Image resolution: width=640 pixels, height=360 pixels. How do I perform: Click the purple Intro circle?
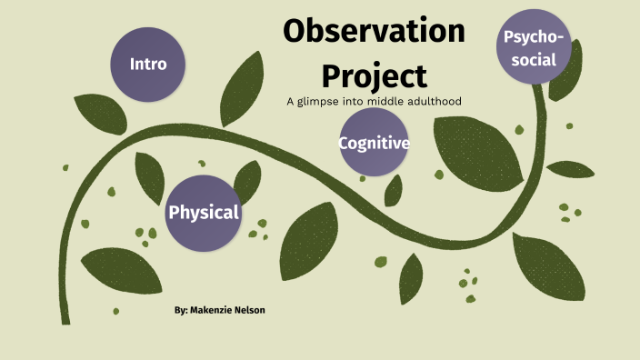[147, 64]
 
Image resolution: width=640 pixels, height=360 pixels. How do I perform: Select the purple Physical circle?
[204, 213]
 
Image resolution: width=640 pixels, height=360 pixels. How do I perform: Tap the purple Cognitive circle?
[374, 143]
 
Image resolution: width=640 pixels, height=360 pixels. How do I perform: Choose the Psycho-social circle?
[535, 47]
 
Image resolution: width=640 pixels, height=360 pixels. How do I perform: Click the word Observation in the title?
[374, 32]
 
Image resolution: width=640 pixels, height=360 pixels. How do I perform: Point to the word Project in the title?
[374, 75]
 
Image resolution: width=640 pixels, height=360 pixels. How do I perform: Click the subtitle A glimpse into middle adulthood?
[374, 100]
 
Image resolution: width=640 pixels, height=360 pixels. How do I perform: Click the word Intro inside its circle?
[147, 64]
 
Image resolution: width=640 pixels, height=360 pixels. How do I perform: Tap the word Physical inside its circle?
[204, 213]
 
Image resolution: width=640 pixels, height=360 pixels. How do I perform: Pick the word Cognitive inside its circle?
[374, 144]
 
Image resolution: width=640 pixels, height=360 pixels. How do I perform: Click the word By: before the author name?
[181, 311]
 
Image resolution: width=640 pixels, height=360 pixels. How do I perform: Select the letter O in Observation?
[296, 32]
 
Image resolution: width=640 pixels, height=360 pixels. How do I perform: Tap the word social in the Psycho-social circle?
[535, 60]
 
